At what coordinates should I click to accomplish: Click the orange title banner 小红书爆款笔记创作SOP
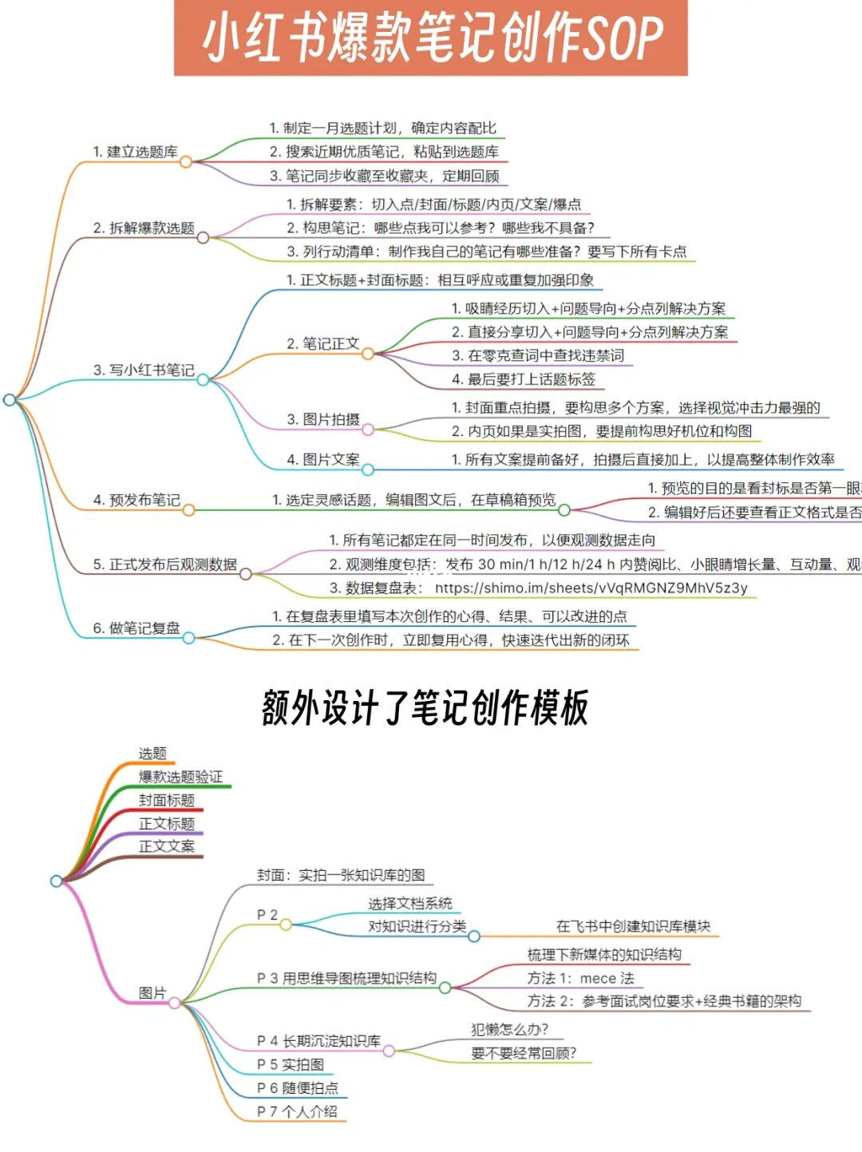click(x=431, y=38)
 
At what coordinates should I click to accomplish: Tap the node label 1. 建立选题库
click(x=135, y=152)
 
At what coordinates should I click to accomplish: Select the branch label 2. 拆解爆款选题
click(x=144, y=228)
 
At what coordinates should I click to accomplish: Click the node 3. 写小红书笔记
click(x=144, y=370)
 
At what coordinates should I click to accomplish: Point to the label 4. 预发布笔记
click(x=136, y=501)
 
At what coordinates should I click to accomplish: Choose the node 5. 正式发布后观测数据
click(x=164, y=564)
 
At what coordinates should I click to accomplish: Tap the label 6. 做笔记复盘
click(x=136, y=628)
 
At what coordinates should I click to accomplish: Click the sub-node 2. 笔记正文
click(x=323, y=344)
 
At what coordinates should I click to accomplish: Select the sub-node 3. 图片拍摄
click(x=323, y=419)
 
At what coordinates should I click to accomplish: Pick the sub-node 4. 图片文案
click(x=323, y=460)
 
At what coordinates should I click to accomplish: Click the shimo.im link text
click(x=591, y=588)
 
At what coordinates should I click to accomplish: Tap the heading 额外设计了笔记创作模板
click(x=425, y=708)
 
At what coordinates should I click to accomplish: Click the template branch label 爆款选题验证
click(x=180, y=777)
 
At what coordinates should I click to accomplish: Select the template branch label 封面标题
click(x=166, y=800)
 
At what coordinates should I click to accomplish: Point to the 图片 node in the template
click(x=152, y=993)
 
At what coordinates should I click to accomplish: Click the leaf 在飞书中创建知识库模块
click(x=633, y=926)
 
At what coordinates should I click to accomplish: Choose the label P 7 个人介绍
click(x=297, y=1111)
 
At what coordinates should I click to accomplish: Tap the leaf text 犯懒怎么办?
click(x=509, y=1030)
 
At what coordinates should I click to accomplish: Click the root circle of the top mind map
click(x=10, y=399)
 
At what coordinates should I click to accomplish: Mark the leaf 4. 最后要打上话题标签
click(x=524, y=379)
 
